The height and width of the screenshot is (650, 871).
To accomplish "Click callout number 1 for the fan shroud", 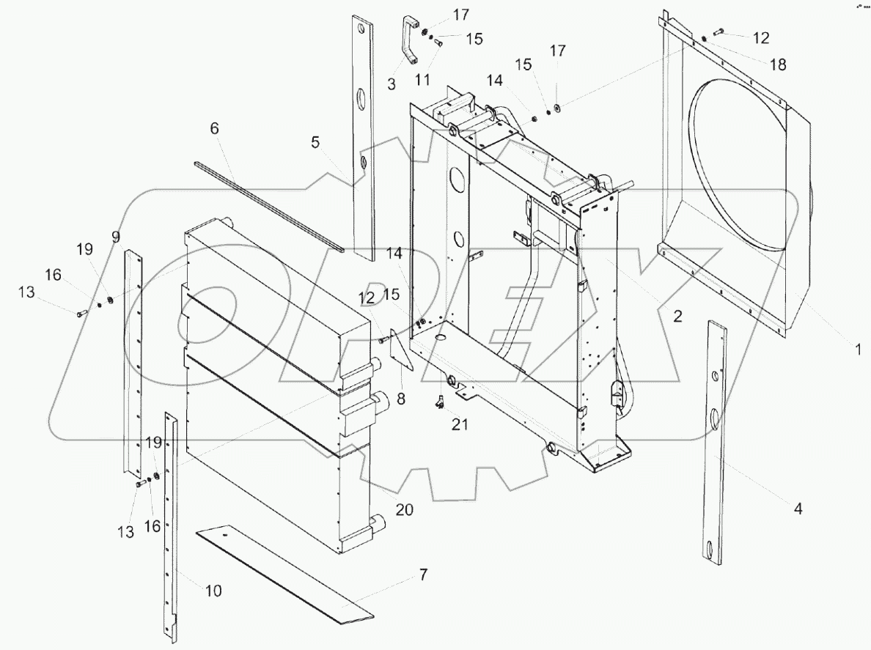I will (x=857, y=350).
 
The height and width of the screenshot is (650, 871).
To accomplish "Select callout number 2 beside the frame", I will (x=677, y=317).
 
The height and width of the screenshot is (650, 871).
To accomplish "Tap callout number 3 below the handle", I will (x=392, y=83).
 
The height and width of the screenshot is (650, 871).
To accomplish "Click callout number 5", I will (x=315, y=143).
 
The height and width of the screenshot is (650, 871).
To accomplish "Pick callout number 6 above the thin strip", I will (x=214, y=128).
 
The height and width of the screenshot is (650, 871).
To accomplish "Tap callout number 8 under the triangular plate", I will (x=401, y=399).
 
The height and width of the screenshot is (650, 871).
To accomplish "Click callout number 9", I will (x=115, y=236).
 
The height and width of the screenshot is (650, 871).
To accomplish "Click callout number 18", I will (x=778, y=64).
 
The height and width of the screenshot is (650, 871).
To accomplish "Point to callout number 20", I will (x=405, y=509).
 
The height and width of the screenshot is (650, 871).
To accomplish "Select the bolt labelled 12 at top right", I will (x=716, y=32).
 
